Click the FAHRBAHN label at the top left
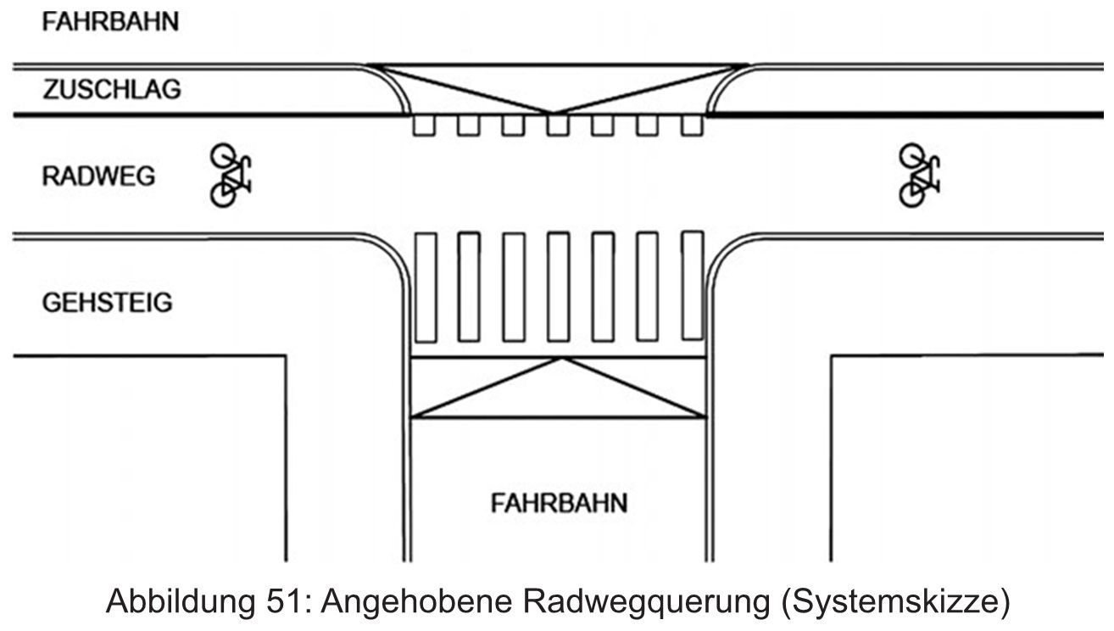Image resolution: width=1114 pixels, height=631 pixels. (111, 22)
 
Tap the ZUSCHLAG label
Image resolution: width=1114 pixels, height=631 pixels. (112, 90)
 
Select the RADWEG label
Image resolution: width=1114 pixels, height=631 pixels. (99, 176)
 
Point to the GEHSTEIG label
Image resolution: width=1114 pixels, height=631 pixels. (107, 303)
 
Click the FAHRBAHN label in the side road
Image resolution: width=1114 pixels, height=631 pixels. (560, 503)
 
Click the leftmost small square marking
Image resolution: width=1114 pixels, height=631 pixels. (424, 126)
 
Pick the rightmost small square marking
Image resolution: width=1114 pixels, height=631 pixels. (693, 126)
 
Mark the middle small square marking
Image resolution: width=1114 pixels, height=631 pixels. (558, 126)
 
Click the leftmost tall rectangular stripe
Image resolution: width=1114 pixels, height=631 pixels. (425, 287)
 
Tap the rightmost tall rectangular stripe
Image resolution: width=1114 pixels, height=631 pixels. (693, 287)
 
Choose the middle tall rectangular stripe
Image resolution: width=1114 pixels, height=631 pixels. (558, 287)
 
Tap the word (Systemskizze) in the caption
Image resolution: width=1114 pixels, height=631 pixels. (894, 603)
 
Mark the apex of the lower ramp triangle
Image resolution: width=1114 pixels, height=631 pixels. (560, 358)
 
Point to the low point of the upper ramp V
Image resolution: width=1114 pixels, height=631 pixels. (552, 113)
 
